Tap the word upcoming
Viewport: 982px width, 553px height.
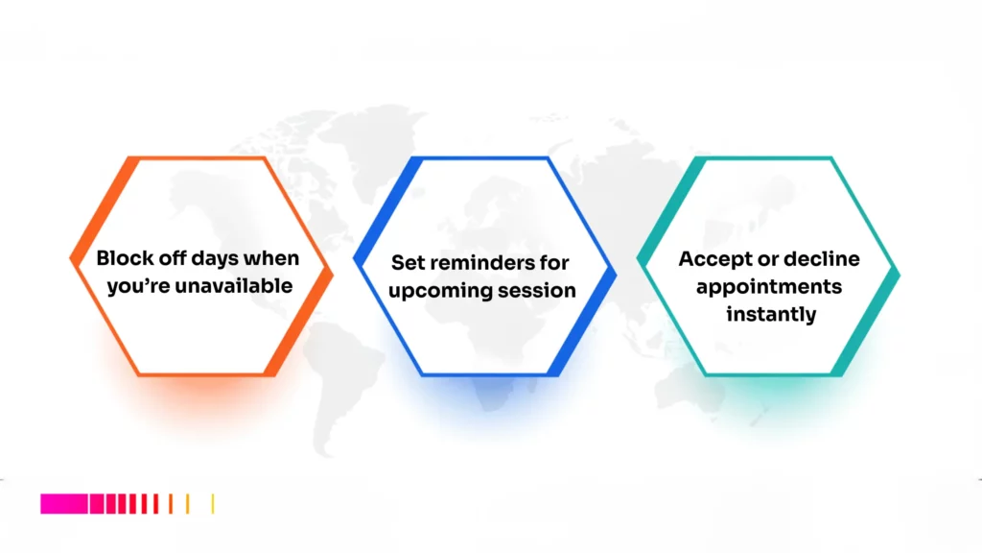(x=437, y=291)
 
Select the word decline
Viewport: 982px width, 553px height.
(x=822, y=259)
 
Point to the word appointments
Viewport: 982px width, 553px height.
(x=769, y=286)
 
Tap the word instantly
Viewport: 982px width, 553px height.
(x=769, y=314)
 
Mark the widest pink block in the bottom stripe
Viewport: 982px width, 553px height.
(x=63, y=504)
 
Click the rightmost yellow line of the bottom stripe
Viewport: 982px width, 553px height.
(x=213, y=504)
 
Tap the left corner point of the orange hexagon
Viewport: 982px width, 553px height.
(x=71, y=258)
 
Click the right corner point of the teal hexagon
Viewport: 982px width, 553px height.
(x=900, y=273)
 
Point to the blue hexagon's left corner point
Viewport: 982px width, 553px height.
(x=354, y=259)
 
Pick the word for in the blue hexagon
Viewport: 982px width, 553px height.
(x=554, y=263)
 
